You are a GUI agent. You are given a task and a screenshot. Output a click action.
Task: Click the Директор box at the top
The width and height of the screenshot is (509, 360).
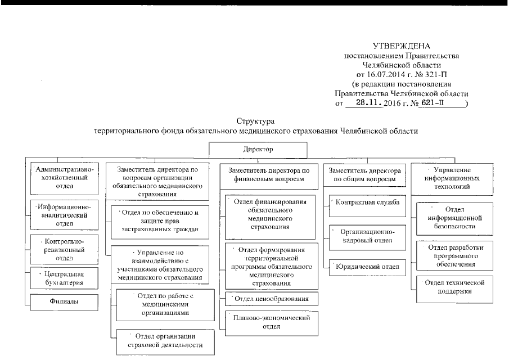tap(258, 150)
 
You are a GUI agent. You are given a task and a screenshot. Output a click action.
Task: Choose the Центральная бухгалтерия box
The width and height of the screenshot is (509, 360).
tap(63, 278)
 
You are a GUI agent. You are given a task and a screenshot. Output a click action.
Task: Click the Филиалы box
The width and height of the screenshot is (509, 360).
tap(63, 301)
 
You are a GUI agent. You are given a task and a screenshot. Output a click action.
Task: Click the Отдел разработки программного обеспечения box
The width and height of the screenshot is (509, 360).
tap(452, 254)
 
